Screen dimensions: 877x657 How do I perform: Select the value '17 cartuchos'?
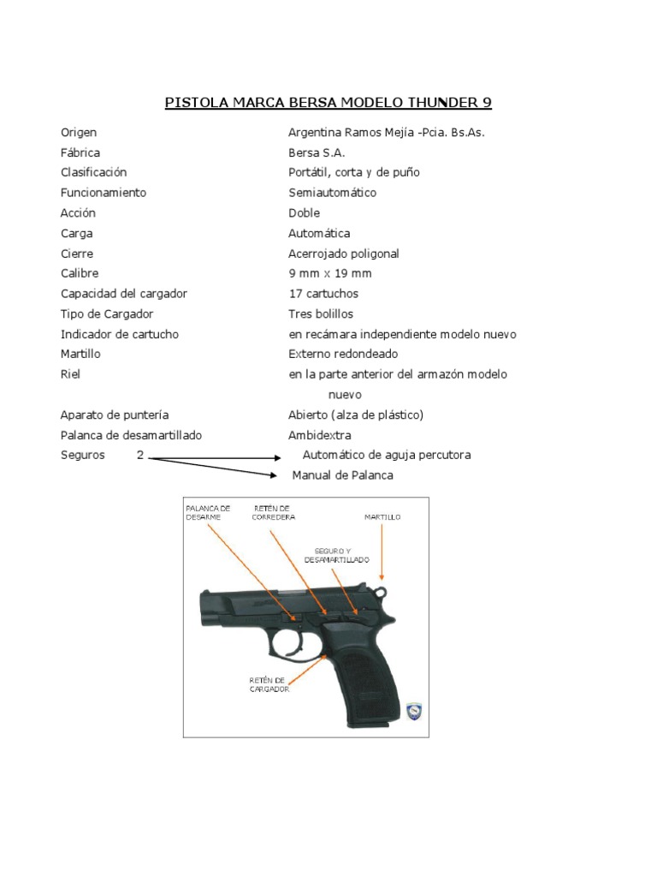[323, 294]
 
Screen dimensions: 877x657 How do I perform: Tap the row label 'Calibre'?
[80, 273]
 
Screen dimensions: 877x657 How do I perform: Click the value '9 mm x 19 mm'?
[329, 273]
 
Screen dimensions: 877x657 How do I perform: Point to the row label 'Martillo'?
[80, 354]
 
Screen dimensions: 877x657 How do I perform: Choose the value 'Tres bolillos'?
[321, 313]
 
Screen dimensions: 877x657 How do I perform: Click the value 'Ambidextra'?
[320, 435]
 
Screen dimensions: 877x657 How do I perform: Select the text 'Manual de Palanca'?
[343, 475]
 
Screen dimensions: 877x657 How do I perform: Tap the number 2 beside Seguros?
[140, 455]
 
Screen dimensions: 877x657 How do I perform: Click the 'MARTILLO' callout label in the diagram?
[382, 517]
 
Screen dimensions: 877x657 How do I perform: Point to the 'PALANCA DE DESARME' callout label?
[209, 513]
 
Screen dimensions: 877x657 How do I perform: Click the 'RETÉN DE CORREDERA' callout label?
[271, 513]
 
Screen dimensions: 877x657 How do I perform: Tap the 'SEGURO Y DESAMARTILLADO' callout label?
[336, 554]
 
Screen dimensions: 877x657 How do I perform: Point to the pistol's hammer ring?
[382, 590]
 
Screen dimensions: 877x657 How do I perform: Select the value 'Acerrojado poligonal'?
[344, 254]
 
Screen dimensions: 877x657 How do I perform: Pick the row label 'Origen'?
[79, 132]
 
